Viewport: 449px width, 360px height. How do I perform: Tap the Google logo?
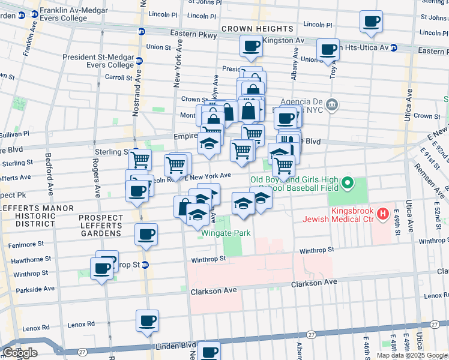tap(20, 353)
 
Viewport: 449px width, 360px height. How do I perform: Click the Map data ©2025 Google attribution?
tap(412, 355)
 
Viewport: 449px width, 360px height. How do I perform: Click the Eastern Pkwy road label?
tap(193, 35)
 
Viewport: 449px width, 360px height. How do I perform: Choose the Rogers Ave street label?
tap(95, 178)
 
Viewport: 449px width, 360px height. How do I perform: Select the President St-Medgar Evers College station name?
tap(98, 61)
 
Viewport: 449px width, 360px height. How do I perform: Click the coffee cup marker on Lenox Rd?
tap(147, 320)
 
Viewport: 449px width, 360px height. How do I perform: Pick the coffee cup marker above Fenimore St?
tap(146, 235)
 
